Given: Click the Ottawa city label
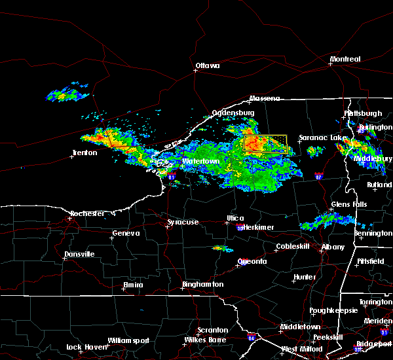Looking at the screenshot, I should [x=207, y=65].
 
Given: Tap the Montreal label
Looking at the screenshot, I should [x=345, y=60].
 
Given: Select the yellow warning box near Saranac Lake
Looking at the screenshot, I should [x=265, y=144].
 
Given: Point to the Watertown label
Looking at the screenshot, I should [x=200, y=161].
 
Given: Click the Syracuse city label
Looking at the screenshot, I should [x=183, y=223].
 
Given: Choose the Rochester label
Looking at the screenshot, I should [x=88, y=214].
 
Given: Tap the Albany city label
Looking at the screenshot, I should [x=332, y=247].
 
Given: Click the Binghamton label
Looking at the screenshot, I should [x=203, y=285].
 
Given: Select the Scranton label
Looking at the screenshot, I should [x=213, y=331].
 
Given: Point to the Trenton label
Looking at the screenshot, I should [x=84, y=153].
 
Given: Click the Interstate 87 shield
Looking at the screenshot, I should [x=318, y=176].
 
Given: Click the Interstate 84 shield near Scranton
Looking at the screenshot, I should [x=252, y=339].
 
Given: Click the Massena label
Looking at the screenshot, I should [x=264, y=99].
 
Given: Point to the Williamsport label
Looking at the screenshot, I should [x=128, y=340].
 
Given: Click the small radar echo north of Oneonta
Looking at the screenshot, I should [x=219, y=249].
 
